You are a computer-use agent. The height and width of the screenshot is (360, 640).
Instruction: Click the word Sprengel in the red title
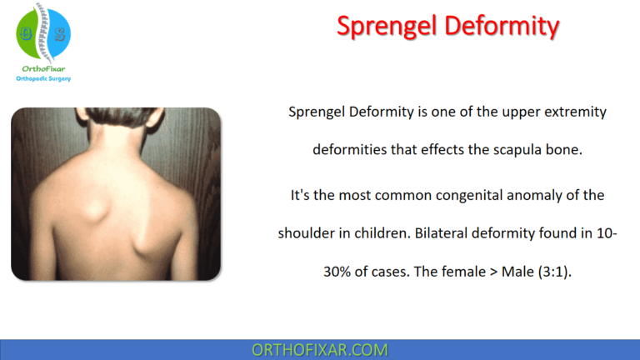click(x=387, y=26)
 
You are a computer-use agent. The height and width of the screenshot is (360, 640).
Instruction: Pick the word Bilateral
click(x=439, y=233)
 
